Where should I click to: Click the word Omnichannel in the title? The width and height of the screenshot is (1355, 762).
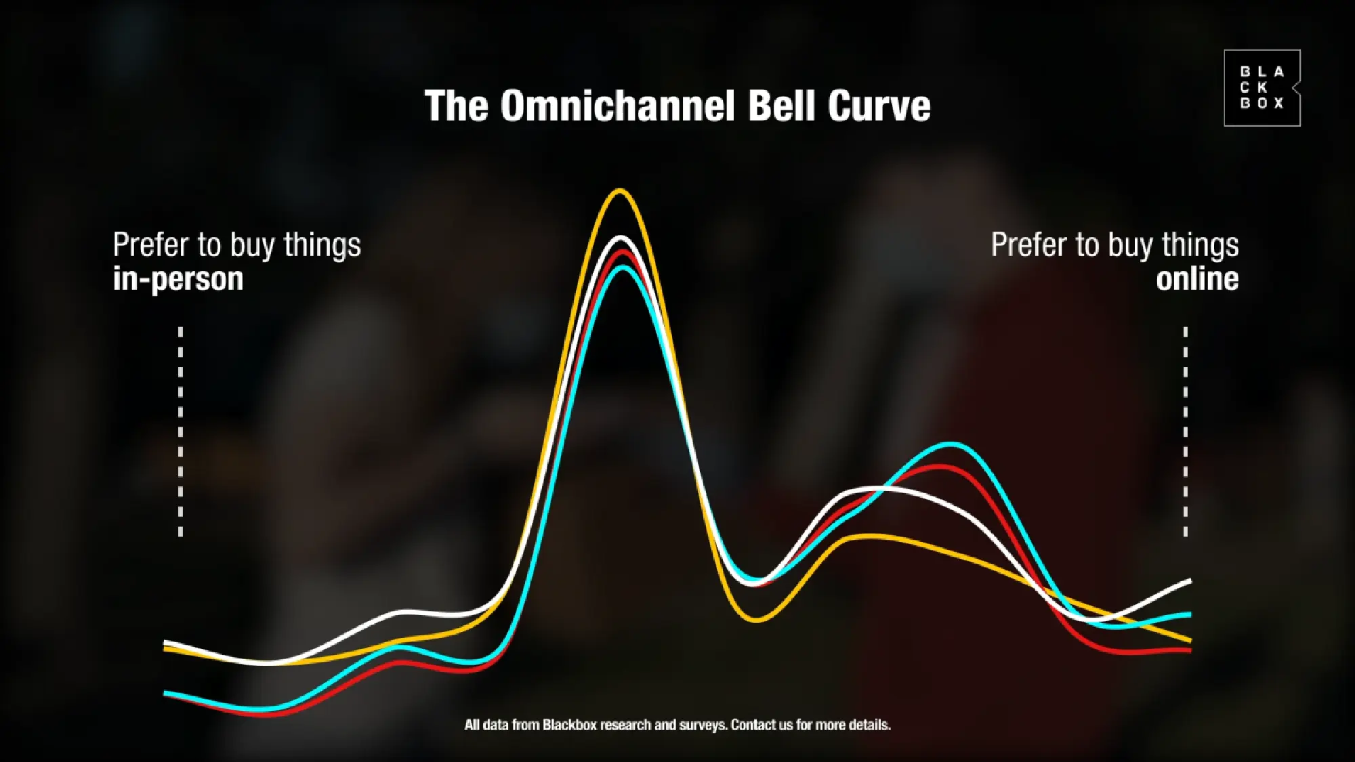click(x=619, y=106)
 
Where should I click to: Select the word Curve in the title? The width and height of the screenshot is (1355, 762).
click(x=879, y=106)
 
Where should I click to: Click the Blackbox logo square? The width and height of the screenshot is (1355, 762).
click(x=1262, y=88)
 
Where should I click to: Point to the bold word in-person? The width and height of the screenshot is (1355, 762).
click(x=178, y=279)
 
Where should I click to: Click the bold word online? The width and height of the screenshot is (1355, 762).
click(x=1197, y=278)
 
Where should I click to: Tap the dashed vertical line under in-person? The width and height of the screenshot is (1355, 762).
click(x=180, y=431)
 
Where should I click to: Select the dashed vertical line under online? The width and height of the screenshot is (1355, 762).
click(x=1185, y=431)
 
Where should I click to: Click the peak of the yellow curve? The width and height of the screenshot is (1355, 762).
click(x=619, y=191)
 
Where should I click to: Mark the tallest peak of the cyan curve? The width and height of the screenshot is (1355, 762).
click(x=622, y=268)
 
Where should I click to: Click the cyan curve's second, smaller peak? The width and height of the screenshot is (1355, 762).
click(x=951, y=444)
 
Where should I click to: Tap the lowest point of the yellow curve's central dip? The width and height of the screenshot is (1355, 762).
click(x=757, y=619)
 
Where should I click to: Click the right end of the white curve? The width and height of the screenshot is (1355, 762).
click(x=1190, y=581)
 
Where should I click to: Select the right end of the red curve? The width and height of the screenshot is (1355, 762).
click(x=1190, y=650)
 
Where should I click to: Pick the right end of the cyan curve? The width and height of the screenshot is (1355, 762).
click(x=1190, y=615)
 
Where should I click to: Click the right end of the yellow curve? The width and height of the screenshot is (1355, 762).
click(x=1190, y=639)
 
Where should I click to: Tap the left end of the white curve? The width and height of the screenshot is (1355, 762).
click(x=165, y=642)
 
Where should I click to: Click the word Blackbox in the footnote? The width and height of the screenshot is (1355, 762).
click(x=569, y=725)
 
